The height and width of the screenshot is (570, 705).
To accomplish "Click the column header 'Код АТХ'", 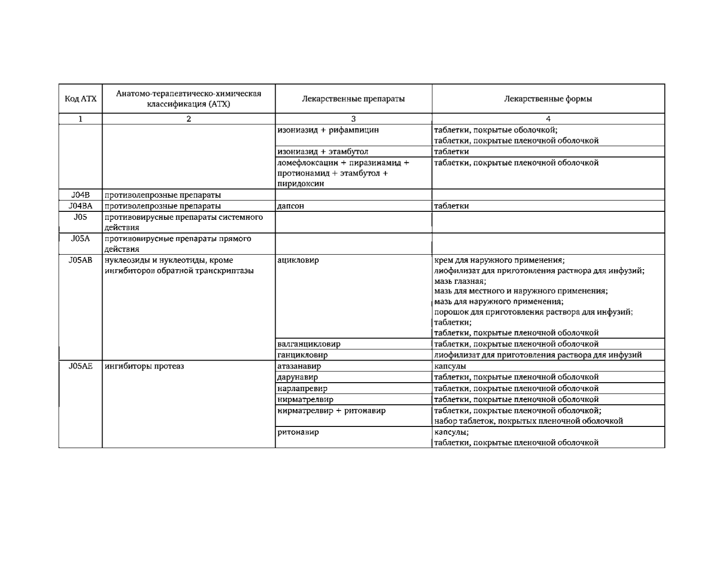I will [x=80, y=99].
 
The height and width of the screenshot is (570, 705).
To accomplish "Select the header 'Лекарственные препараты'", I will [x=353, y=99].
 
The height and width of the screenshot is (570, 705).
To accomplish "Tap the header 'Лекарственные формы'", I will [x=548, y=99].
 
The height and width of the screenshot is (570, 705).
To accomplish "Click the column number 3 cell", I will [x=353, y=119].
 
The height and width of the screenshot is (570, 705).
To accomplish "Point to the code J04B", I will [x=80, y=195].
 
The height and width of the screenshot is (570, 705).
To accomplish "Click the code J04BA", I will [x=80, y=206].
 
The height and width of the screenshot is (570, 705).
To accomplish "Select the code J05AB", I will [x=80, y=260].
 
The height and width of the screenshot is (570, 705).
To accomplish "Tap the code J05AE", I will [x=80, y=366].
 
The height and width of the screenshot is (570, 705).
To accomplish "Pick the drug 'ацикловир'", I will [x=298, y=260].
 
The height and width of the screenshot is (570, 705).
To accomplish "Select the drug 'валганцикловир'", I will [x=309, y=344].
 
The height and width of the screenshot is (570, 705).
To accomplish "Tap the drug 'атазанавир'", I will [x=300, y=366].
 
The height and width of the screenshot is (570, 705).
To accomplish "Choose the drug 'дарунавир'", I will [x=298, y=377].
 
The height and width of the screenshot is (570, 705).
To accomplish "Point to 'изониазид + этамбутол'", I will [x=323, y=152].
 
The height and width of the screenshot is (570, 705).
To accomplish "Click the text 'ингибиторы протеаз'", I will [x=144, y=366].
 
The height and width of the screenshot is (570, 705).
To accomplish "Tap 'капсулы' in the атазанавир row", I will [x=450, y=366].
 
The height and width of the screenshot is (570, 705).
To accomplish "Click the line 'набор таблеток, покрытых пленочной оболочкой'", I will [x=528, y=421].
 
